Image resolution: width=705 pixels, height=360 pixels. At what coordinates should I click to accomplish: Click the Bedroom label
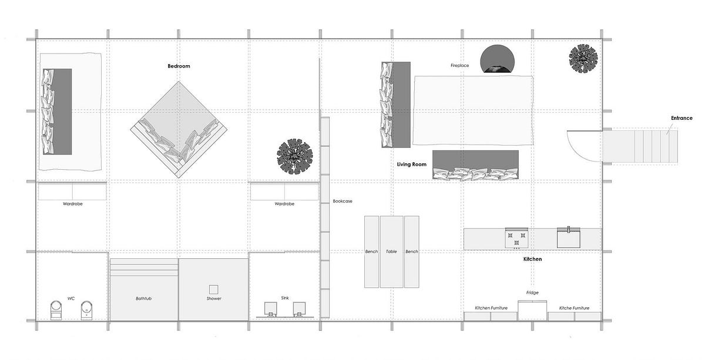click(179, 66)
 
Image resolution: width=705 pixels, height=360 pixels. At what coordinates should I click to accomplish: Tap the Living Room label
click(412, 164)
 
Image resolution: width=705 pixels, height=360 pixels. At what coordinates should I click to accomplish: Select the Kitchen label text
click(532, 259)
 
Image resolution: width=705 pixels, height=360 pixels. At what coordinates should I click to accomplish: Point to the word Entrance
click(681, 118)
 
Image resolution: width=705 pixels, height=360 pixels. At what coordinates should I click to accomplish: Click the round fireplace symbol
click(497, 59)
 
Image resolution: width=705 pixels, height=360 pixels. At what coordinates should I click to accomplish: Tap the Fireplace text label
click(460, 65)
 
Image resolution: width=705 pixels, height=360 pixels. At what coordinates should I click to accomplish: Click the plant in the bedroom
click(295, 156)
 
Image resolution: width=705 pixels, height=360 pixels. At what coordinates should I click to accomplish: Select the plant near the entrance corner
click(583, 59)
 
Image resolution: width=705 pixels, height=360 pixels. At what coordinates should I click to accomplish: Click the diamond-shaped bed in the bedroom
click(179, 130)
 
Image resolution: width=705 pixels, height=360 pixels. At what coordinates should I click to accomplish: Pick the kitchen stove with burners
click(516, 238)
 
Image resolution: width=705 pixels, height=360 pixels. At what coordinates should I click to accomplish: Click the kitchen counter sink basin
click(569, 238)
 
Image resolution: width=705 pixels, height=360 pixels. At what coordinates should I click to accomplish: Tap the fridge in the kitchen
click(532, 311)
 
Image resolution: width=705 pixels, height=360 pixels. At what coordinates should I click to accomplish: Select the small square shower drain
click(214, 290)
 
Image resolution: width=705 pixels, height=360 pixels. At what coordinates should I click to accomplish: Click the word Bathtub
click(143, 298)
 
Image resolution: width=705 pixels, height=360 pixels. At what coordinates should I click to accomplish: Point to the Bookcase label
click(343, 201)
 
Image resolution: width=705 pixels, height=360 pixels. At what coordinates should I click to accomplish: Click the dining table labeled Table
click(391, 251)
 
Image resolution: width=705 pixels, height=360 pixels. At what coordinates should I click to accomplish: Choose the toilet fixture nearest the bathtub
click(86, 310)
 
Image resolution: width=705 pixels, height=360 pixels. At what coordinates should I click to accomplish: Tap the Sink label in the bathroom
click(285, 298)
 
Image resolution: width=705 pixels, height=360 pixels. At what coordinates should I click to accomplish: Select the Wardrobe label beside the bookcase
click(284, 204)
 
